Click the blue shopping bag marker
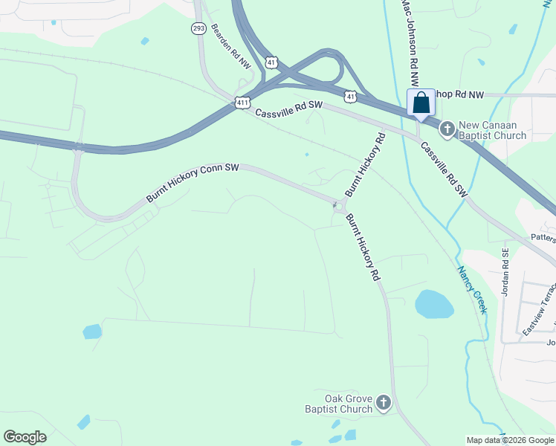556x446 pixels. pos(421,104)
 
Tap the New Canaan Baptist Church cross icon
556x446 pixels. pos(447,129)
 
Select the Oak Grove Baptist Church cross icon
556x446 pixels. pos(383,403)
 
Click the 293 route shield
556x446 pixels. pos(198,28)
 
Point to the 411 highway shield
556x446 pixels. pos(242,102)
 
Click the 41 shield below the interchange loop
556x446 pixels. pos(350,96)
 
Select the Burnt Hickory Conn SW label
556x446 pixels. pos(193,183)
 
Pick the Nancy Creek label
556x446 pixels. pos(471,289)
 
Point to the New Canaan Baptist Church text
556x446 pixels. pos(492,130)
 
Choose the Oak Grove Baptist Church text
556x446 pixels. pos(338,403)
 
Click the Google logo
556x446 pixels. pos(25,437)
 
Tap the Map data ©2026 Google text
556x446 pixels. pos(510,440)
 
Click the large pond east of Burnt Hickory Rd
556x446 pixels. pos(434,304)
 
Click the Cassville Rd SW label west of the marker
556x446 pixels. pos(288,109)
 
